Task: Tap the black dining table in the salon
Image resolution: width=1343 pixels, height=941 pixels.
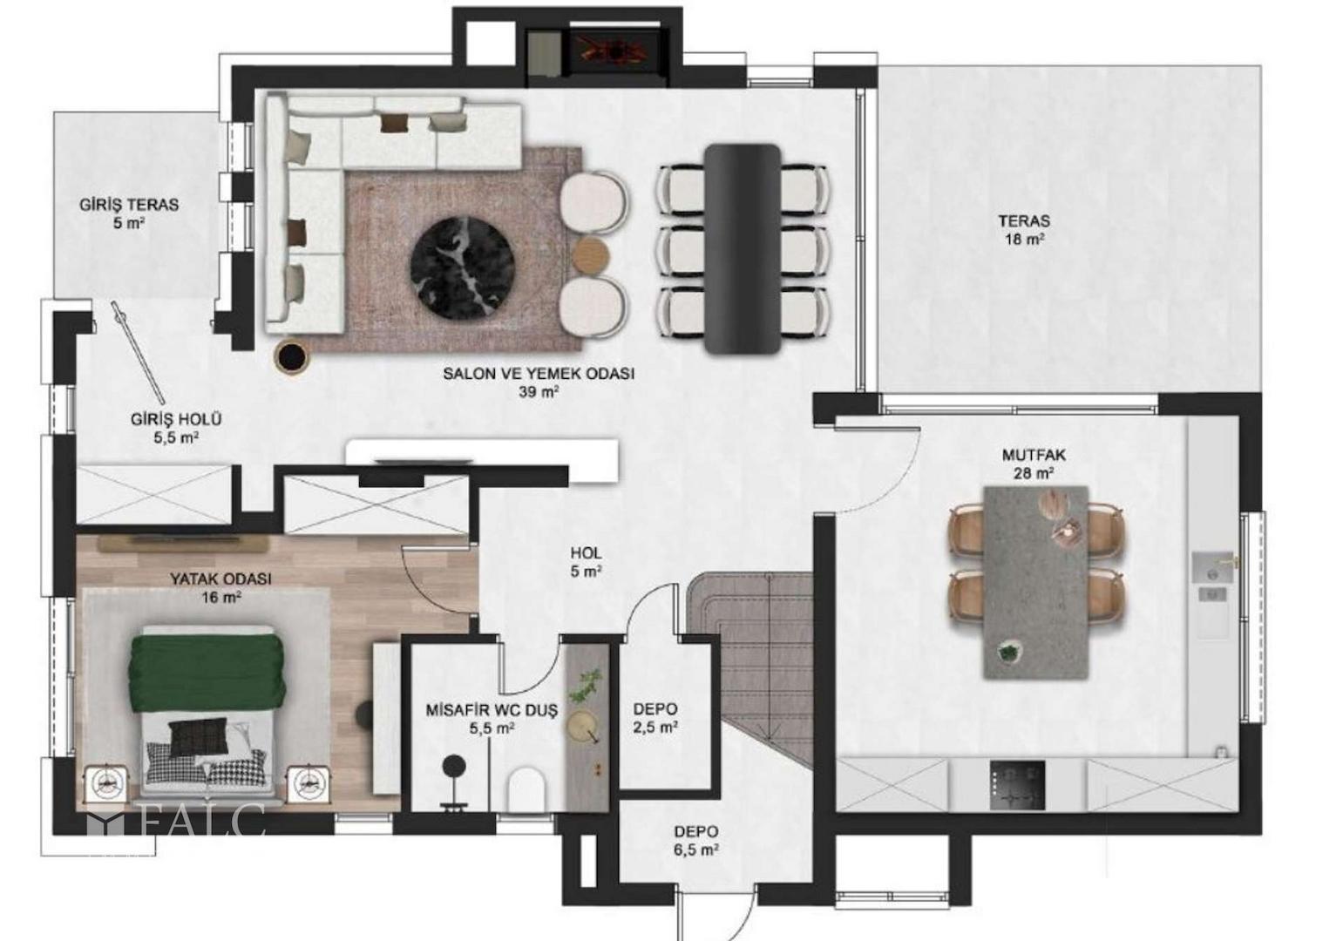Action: click(x=743, y=248)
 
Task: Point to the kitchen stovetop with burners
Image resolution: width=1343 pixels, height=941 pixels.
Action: click(x=1017, y=785)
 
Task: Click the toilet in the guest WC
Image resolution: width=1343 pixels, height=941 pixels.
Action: click(x=526, y=790)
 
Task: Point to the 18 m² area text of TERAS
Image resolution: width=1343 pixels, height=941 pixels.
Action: click(x=1024, y=239)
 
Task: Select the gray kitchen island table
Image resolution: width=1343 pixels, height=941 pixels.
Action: click(x=1036, y=582)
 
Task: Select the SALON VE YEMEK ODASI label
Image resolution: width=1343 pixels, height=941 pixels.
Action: click(x=539, y=374)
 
